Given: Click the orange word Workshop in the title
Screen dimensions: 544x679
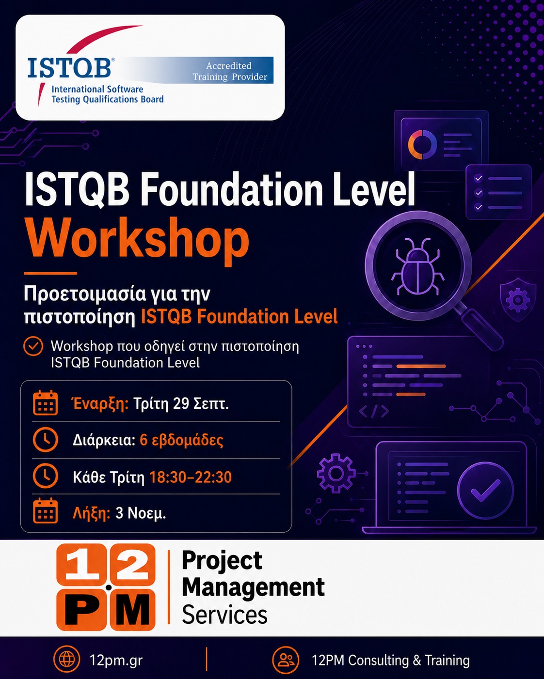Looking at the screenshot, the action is click(137, 241).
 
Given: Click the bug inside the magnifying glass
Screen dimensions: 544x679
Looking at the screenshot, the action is click(417, 266).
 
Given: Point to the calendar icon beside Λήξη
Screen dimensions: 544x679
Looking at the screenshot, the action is click(46, 510).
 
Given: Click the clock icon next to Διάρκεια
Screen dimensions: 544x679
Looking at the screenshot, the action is click(46, 440).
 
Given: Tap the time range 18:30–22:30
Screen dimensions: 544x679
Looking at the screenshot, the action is click(191, 477).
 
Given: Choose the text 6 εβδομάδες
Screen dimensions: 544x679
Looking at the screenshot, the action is click(181, 440).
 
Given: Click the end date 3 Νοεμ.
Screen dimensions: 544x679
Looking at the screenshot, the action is click(141, 513).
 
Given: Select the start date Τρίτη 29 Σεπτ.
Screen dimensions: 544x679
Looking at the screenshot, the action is click(181, 403).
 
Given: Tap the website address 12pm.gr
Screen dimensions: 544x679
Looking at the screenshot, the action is click(116, 660).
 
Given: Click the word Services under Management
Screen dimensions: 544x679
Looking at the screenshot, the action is click(224, 615).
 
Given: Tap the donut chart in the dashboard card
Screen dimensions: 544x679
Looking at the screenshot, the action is click(422, 145).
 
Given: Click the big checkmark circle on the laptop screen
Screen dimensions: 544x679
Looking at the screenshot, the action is click(485, 490).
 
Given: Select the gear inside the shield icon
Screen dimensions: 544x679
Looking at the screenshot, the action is click(518, 300).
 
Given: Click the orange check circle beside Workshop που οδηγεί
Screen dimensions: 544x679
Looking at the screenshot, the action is click(33, 346).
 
